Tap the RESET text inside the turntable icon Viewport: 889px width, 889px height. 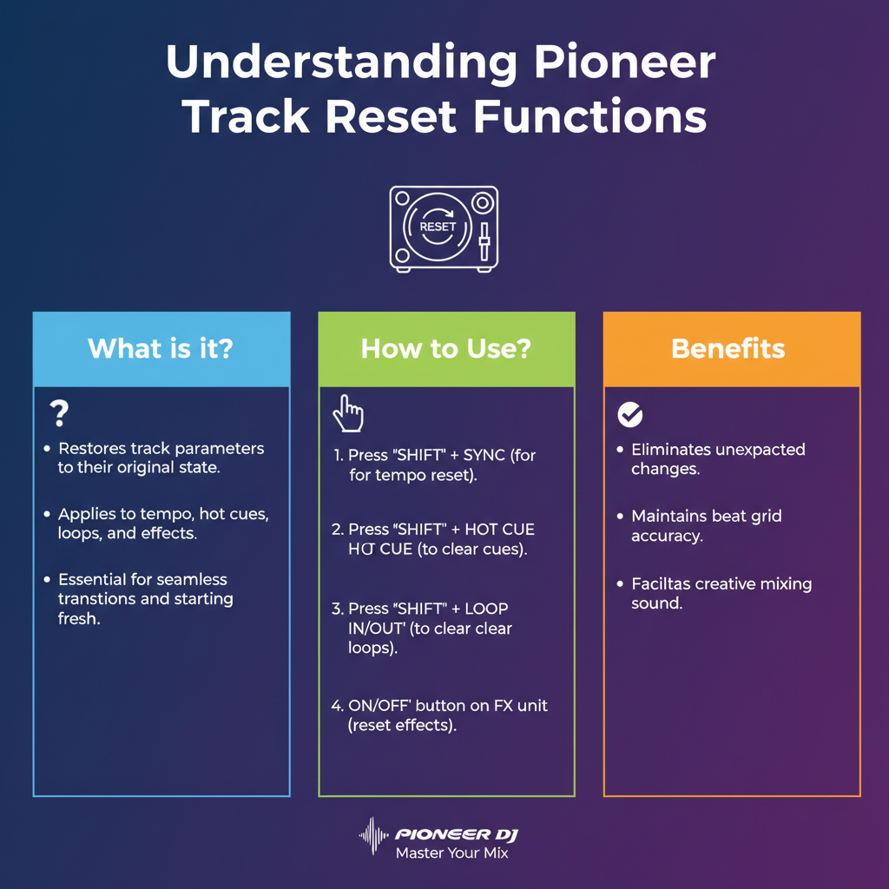[x=437, y=227]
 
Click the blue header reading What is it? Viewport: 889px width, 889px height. [x=161, y=349]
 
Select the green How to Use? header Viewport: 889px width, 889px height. [x=446, y=349]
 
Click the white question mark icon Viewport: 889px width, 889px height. [x=59, y=413]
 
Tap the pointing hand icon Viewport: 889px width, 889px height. [x=347, y=414]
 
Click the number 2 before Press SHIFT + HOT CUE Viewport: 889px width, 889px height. [x=337, y=530]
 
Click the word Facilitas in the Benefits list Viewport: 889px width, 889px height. [x=662, y=583]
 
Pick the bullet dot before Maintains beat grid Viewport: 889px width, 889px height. [x=620, y=517]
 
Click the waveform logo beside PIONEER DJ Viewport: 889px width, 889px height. [x=373, y=833]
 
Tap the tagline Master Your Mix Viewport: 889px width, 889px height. [x=451, y=853]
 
